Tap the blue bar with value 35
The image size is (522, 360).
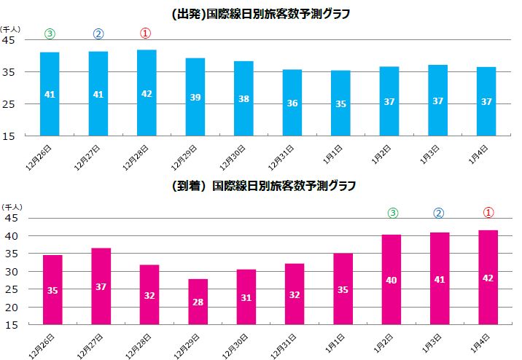pyautogui.click(x=340, y=103)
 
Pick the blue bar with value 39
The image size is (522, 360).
pyautogui.click(x=195, y=96)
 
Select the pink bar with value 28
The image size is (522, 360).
pyautogui.click(x=198, y=302)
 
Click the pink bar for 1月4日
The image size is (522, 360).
pyautogui.click(x=488, y=278)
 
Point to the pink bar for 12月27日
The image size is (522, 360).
pyautogui.click(x=101, y=286)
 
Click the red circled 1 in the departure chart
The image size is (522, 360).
pyautogui.click(x=146, y=34)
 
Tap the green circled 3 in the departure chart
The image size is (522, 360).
pyautogui.click(x=50, y=34)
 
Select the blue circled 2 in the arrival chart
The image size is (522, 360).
pyautogui.click(x=439, y=214)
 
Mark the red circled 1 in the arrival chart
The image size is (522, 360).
pyautogui.click(x=488, y=213)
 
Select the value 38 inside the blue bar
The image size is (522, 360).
pyautogui.click(x=244, y=98)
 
